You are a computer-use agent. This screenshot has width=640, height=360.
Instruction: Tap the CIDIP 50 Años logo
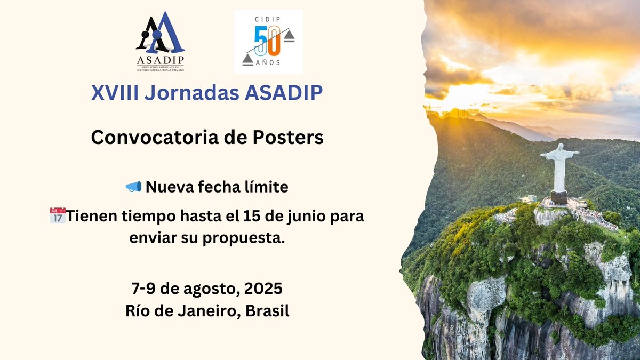[x=268, y=42]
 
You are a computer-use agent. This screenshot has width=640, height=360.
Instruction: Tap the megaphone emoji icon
[x=133, y=187]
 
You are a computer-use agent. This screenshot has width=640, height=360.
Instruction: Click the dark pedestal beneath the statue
[x=559, y=197]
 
